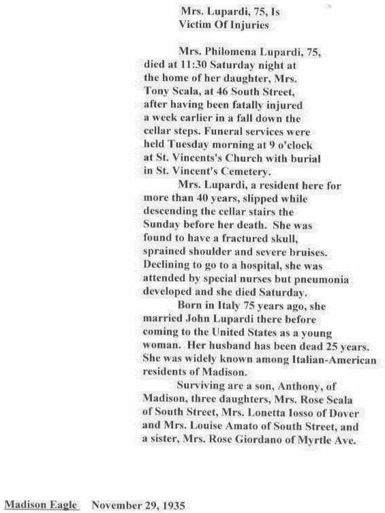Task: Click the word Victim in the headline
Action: [194, 25]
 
